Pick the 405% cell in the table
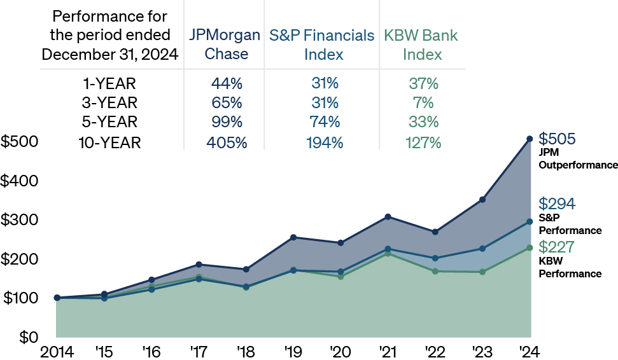tap(226, 142)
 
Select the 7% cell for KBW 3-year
tap(423, 102)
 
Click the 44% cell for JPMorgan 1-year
tap(226, 83)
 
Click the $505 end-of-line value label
tap(557, 139)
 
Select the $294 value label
tap(557, 204)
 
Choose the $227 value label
tap(557, 247)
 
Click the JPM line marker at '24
tap(530, 139)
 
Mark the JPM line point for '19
tap(293, 237)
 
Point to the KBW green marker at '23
tap(482, 272)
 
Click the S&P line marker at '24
tap(530, 221)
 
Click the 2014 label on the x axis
tap(57, 350)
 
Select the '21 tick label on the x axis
tap(388, 350)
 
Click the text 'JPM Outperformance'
tap(578, 159)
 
